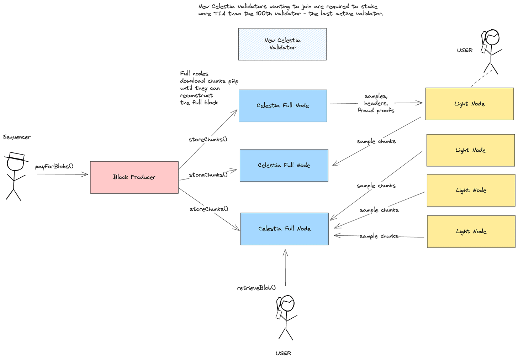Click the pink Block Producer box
pyautogui.click(x=134, y=177)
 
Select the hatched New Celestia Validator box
pyautogui.click(x=282, y=44)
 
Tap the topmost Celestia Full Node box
pyautogui.click(x=283, y=106)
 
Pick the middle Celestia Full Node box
pyautogui.click(x=284, y=166)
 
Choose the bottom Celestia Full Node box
pyautogui.click(x=284, y=229)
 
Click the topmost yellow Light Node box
pyautogui.click(x=469, y=104)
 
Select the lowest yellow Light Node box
pyautogui.click(x=471, y=231)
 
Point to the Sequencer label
pyautogui.click(x=17, y=137)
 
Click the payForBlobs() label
pyautogui.click(x=54, y=166)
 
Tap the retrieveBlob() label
pyautogui.click(x=257, y=288)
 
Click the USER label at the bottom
pyautogui.click(x=283, y=353)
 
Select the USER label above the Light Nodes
pyautogui.click(x=465, y=51)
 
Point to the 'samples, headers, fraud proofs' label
pyautogui.click(x=376, y=103)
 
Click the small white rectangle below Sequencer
pyautogui.click(x=17, y=156)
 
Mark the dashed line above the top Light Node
pyautogui.click(x=482, y=78)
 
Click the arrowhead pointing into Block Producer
pyautogui.click(x=85, y=174)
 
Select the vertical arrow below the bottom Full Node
pyautogui.click(x=285, y=267)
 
